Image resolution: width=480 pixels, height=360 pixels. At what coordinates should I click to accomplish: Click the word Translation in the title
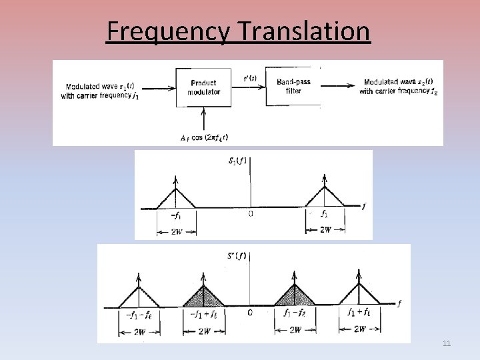[x=299, y=31]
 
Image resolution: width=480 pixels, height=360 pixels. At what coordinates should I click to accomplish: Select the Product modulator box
[x=203, y=87]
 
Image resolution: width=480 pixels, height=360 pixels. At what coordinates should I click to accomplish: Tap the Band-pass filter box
[x=293, y=86]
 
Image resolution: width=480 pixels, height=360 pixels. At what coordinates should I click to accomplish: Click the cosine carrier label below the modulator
[x=204, y=138]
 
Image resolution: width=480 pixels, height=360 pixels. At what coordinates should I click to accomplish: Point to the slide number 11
[x=447, y=343]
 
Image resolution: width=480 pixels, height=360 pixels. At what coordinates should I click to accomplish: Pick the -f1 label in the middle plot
[x=176, y=215]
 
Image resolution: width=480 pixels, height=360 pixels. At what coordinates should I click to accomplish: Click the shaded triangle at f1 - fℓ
[x=294, y=297]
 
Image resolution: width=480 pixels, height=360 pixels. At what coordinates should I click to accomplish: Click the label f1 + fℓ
[x=360, y=313]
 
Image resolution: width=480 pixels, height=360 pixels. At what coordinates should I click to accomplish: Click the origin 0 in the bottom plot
[x=249, y=313]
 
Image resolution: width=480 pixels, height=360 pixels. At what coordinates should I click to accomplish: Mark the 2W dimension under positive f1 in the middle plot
[x=325, y=229]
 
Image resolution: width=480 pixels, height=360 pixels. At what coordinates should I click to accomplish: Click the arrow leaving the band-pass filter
[x=338, y=85]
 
